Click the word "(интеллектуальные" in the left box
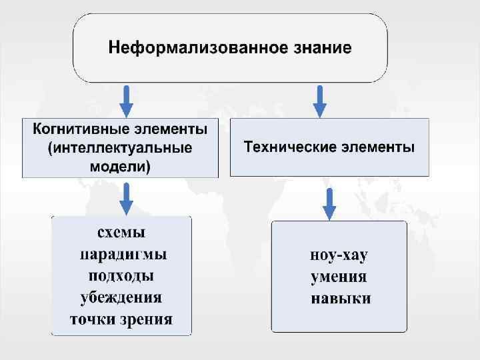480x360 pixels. [121, 147]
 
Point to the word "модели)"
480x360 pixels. [121, 165]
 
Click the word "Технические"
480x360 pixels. [289, 147]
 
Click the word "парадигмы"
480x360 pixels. [123, 255]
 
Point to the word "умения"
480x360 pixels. [339, 276]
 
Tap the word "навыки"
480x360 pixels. [341, 298]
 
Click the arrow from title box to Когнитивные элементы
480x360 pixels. [127, 101]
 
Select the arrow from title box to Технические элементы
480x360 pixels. [320, 101]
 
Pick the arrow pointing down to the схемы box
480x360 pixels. [127, 198]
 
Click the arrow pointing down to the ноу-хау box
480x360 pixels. [329, 204]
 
